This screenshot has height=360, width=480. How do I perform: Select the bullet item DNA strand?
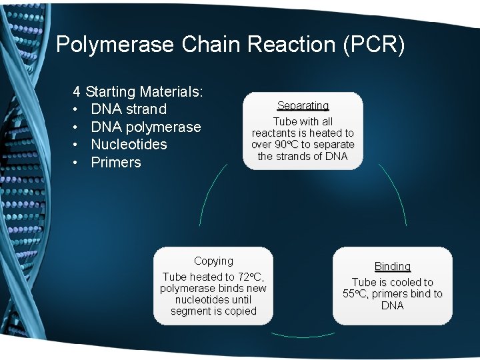point(129,109)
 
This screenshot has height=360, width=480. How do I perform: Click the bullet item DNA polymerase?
point(145,127)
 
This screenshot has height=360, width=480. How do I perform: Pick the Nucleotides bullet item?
point(129,145)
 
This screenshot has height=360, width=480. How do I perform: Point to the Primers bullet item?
point(116,163)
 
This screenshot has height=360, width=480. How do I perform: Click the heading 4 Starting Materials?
point(138,91)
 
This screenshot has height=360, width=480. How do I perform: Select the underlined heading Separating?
point(303,105)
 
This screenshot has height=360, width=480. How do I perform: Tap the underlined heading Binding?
point(393,266)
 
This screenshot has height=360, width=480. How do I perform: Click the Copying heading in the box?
point(213,261)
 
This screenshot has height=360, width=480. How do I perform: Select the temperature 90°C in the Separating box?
point(287,145)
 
